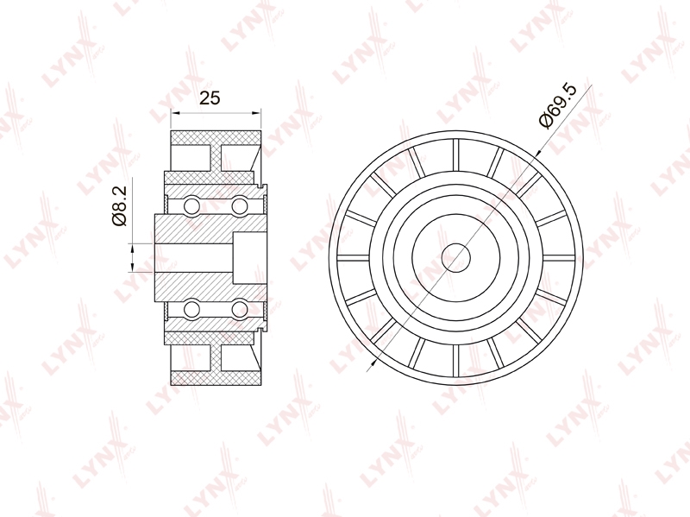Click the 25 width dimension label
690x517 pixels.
pos(210,98)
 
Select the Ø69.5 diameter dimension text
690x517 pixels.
pos(557,105)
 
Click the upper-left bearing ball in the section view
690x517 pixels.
pos(192,205)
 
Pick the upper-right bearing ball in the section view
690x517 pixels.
pos(240,205)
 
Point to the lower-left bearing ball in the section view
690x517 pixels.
pos(192,308)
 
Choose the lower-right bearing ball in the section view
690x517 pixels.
pos(240,308)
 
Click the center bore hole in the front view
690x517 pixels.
pos(456,257)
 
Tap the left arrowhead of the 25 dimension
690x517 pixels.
pos(176,113)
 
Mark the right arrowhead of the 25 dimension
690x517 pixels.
pos(256,113)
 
